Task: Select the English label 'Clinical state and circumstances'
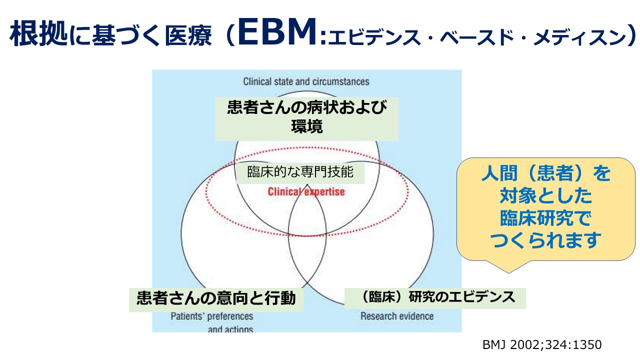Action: click(306, 81)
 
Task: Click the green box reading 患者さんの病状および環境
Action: click(306, 118)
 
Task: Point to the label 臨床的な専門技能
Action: click(300, 172)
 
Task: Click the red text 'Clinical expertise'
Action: click(306, 191)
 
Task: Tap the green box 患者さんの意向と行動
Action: click(216, 298)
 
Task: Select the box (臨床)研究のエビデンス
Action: click(435, 297)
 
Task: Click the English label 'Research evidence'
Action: click(397, 316)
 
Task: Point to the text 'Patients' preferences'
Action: click(212, 316)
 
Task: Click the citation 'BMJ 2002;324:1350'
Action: click(542, 344)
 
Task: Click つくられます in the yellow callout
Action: click(546, 241)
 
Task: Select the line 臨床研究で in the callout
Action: click(546, 218)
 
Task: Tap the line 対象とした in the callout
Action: click(546, 196)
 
